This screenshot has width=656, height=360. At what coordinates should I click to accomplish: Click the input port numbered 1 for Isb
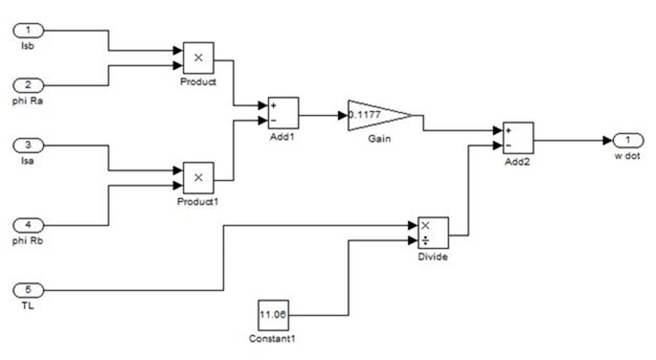[x=29, y=30]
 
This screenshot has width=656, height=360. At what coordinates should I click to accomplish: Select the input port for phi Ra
[x=29, y=85]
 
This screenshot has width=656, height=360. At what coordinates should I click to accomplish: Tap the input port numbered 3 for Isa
[x=29, y=145]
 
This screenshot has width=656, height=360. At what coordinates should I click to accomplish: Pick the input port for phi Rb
[x=29, y=225]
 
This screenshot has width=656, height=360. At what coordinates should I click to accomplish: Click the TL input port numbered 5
[x=29, y=291]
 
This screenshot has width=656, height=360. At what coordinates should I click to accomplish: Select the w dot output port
[x=628, y=140]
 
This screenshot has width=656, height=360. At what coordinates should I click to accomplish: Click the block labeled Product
[x=199, y=58]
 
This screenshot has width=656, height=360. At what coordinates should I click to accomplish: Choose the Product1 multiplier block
[x=199, y=177]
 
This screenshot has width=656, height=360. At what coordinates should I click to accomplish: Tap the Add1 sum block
[x=283, y=113]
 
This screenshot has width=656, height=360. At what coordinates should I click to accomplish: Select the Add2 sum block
[x=518, y=138]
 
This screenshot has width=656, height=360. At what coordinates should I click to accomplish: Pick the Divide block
[x=433, y=233]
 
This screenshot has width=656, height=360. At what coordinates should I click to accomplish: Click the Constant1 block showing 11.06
[x=274, y=315]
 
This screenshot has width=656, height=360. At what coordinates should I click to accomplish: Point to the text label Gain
[x=380, y=138]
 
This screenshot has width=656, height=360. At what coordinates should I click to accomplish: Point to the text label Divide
[x=433, y=257]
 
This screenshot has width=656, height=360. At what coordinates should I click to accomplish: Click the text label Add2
[x=518, y=161]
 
